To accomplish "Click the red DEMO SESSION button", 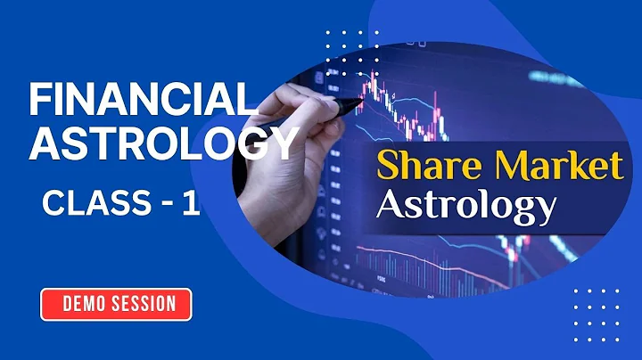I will (x=116, y=304).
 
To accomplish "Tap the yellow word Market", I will (x=556, y=166).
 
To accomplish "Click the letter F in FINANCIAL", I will (x=37, y=100).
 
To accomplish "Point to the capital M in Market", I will (x=509, y=166).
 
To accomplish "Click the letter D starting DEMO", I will (x=68, y=304).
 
